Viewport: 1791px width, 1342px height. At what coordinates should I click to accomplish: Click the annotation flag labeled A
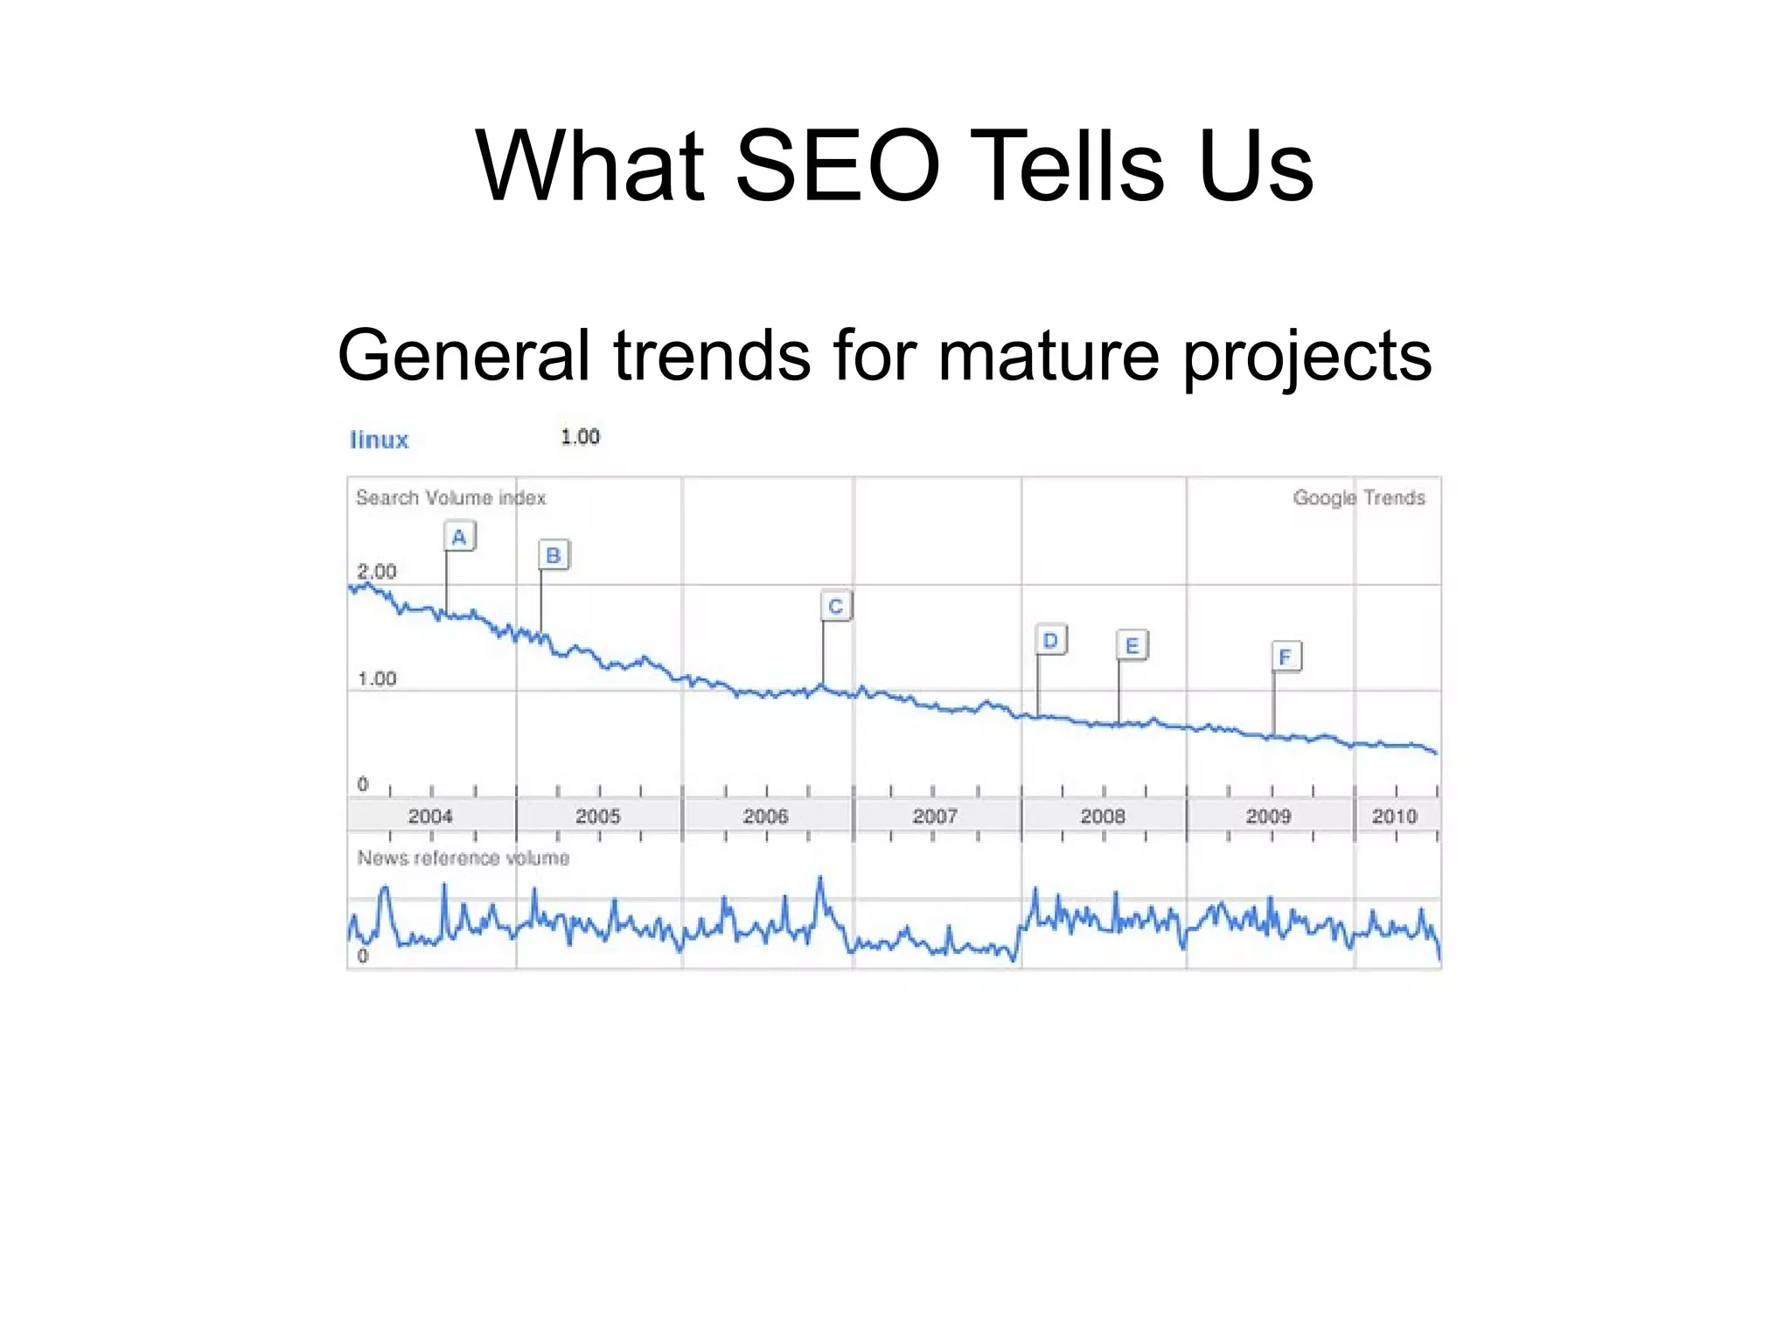(459, 536)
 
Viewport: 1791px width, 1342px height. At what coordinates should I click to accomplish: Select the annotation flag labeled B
(554, 555)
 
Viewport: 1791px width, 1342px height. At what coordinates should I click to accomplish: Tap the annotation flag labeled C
(836, 606)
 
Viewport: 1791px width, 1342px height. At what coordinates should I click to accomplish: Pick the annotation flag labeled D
(1050, 641)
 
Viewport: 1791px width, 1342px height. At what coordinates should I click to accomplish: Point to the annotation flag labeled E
(1132, 646)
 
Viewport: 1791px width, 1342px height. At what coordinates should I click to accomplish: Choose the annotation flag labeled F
(1286, 657)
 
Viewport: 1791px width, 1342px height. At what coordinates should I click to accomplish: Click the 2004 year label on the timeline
(430, 817)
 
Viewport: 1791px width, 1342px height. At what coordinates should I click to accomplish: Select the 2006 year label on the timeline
(765, 817)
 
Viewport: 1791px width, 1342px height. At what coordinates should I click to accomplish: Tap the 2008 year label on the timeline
(1102, 817)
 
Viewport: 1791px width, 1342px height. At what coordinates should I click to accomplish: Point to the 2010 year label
(1394, 817)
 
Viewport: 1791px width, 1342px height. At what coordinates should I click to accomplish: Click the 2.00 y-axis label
(377, 572)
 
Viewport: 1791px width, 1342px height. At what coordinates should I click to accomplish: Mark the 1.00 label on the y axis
(377, 678)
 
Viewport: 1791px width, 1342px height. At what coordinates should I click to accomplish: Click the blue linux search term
(379, 440)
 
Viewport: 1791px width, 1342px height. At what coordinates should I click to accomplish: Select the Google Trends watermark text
(1358, 497)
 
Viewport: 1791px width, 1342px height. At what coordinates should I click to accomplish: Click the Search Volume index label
(450, 497)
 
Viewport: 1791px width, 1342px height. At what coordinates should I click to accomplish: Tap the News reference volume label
(463, 858)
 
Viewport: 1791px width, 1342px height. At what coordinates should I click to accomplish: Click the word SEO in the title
(837, 166)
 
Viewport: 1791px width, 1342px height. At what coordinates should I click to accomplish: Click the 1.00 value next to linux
(580, 437)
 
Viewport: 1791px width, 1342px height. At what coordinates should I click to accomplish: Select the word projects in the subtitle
(1307, 356)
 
